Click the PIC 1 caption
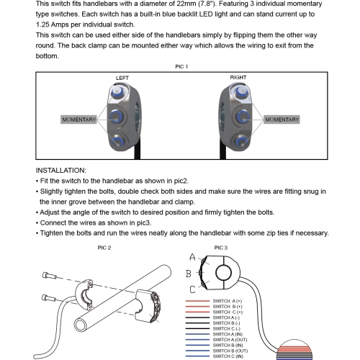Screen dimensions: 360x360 pos(181,67)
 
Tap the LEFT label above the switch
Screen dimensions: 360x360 pos(122,78)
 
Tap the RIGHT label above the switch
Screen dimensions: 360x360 pos(238,78)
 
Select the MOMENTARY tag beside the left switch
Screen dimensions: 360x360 pos(79,120)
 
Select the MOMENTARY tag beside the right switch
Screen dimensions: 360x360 pos(282,120)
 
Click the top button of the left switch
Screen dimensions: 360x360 pos(117,91)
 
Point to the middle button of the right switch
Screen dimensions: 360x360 pos(243,117)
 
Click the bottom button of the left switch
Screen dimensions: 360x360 pos(117,141)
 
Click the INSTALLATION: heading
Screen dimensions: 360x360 pos(61,171)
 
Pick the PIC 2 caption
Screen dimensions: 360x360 pos(104,248)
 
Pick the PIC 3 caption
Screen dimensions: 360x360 pos(221,248)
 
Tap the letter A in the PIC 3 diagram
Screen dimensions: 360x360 pos(192,257)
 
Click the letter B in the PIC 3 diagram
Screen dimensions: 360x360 pos(189,274)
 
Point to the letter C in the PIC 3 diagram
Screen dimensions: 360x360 pos(192,289)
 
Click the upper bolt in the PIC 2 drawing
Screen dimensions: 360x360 pos(50,276)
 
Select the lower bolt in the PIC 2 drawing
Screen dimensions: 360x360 pos(49,298)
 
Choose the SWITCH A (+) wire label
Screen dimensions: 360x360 pos(228,301)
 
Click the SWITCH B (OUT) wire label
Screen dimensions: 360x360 pos(230,351)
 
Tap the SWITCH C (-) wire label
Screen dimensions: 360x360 pos(227,329)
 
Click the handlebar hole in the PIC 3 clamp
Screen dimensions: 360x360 pos(223,273)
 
